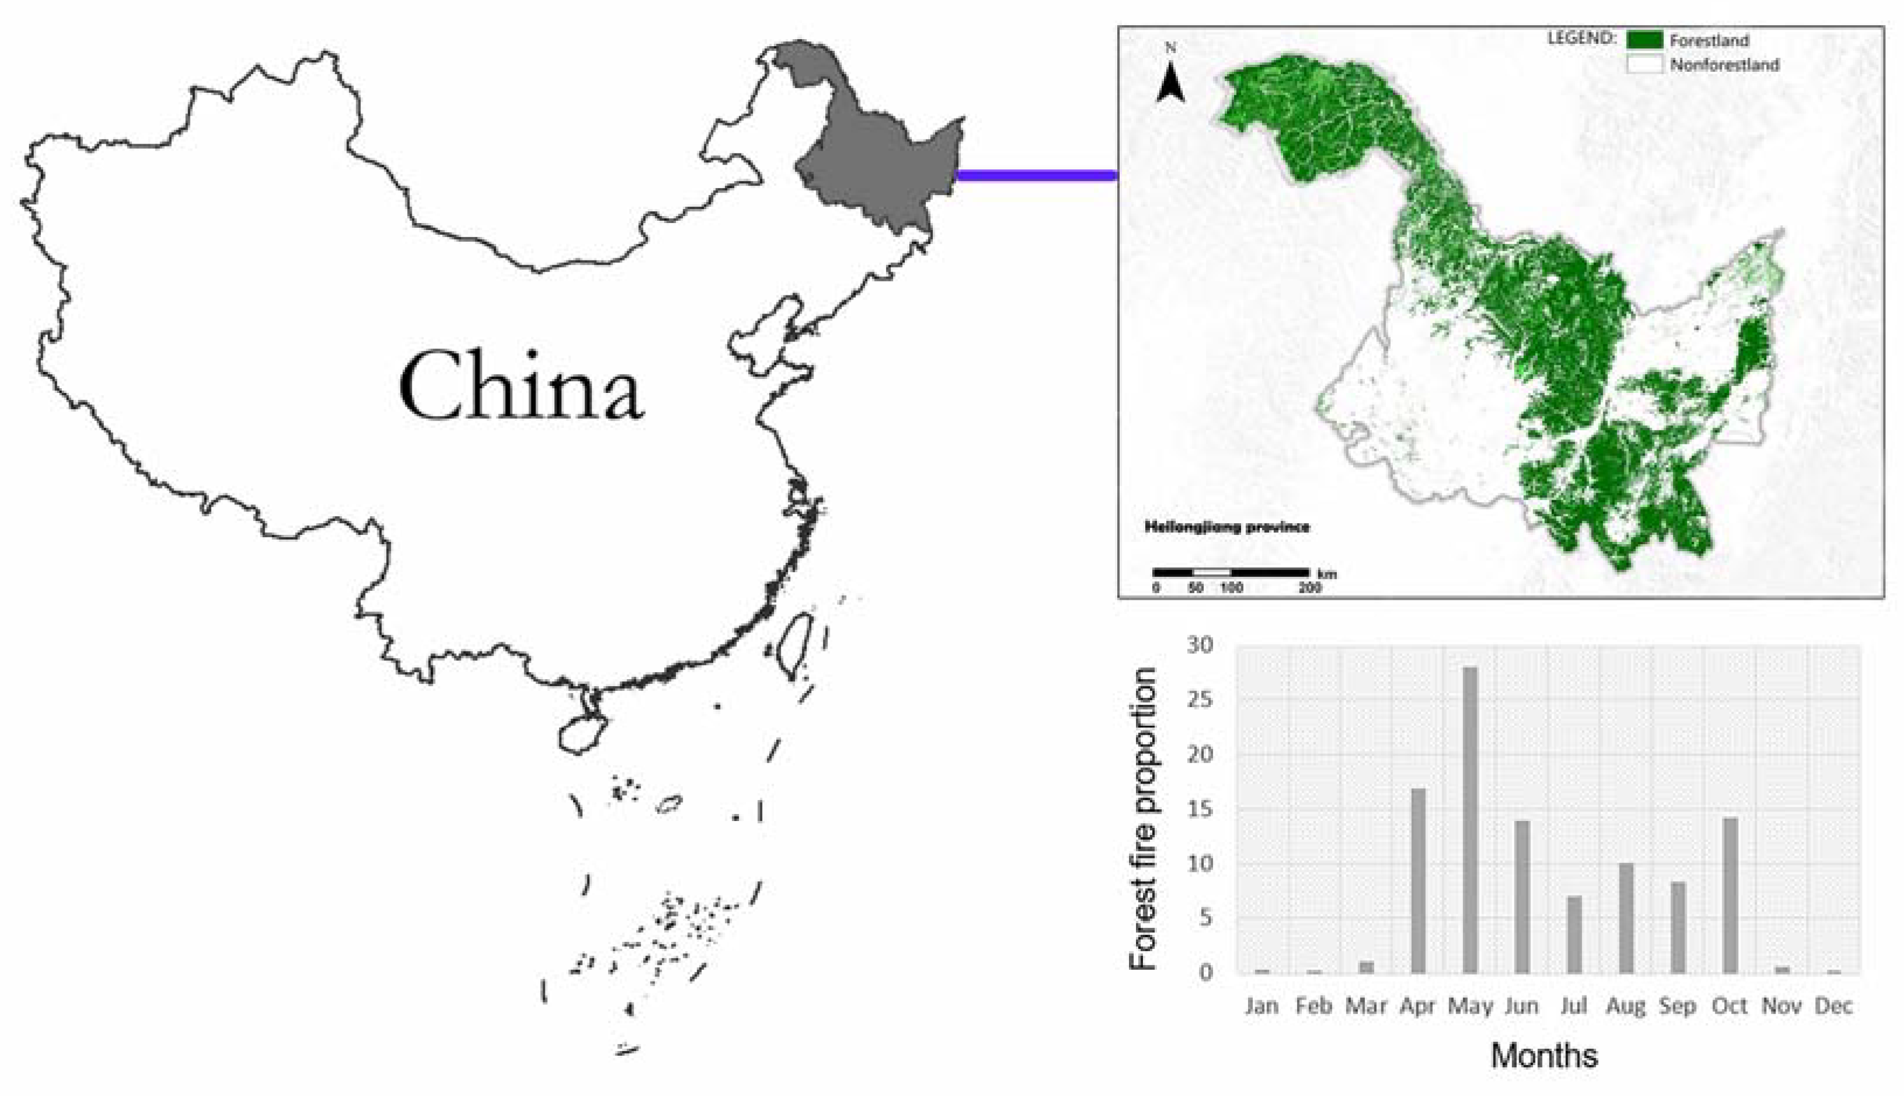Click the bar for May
1469,820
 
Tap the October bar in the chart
1730,896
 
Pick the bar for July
1574,935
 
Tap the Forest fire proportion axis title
1143,819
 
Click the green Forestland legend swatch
1644,40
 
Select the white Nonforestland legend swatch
1644,64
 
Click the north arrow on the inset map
1170,83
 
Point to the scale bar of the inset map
1231,573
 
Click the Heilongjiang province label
1227,527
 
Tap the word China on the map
521,388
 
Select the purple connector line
1037,176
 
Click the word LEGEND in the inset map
1581,37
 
